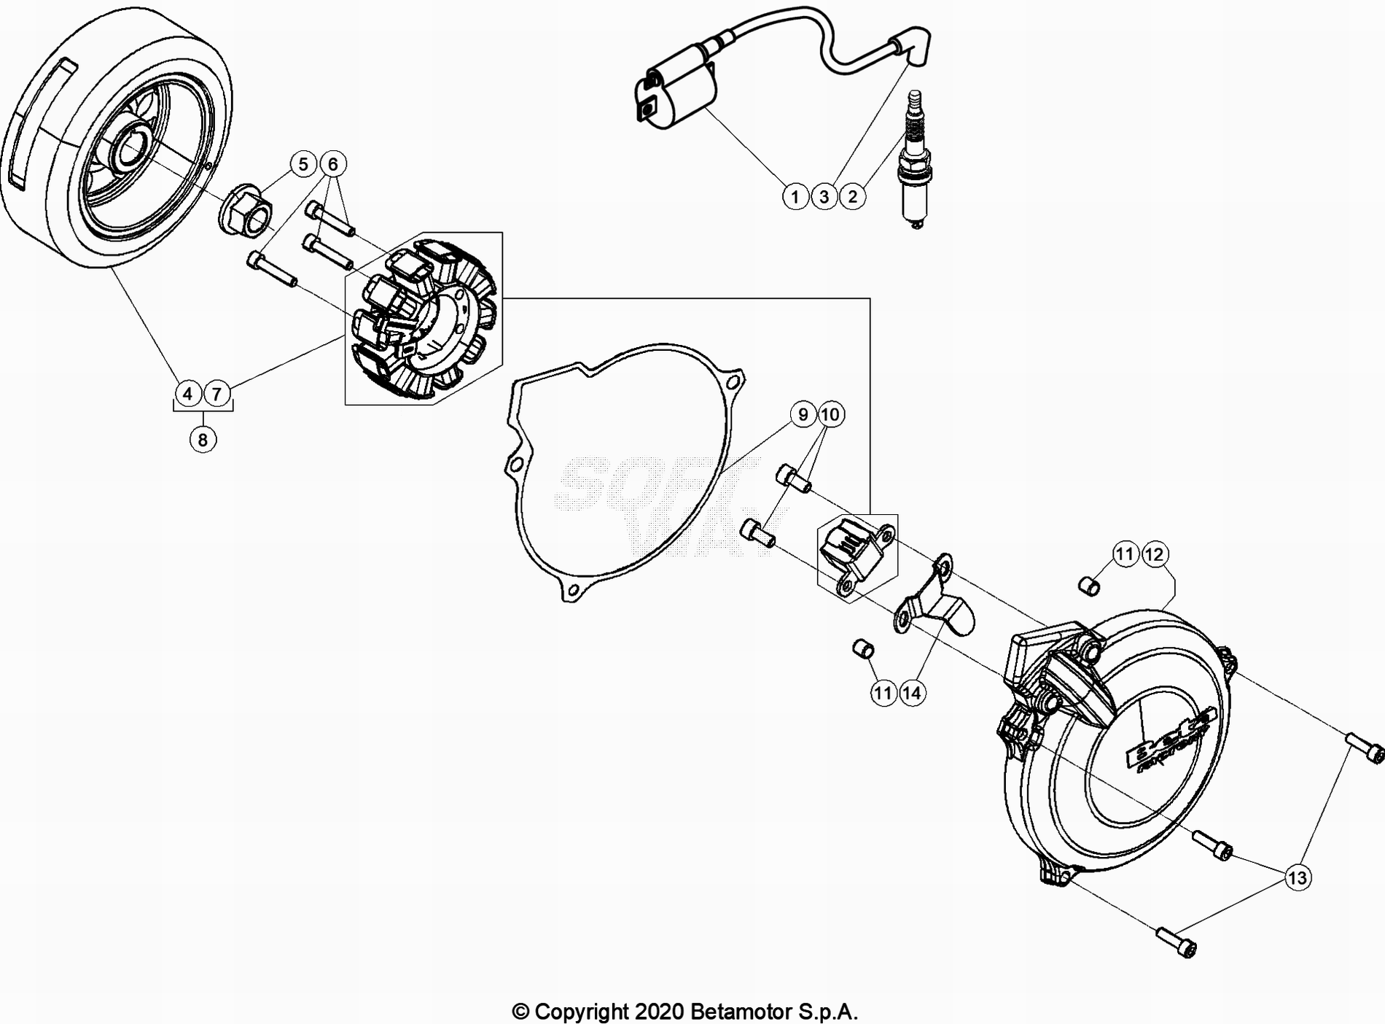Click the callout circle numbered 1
(x=795, y=197)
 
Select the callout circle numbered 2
(x=852, y=197)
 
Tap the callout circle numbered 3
(x=824, y=197)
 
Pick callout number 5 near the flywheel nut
(x=303, y=164)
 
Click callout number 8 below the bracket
(x=203, y=440)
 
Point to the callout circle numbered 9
(x=803, y=414)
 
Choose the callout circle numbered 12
(x=1154, y=554)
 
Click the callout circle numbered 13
(x=1298, y=877)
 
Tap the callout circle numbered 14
(x=912, y=693)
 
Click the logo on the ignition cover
(x=1169, y=742)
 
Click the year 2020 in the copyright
(x=659, y=1012)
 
